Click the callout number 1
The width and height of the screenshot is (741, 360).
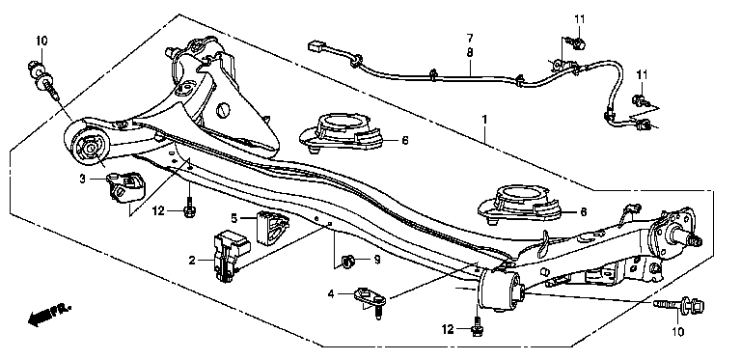tap(484, 120)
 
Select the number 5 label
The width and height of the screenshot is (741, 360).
tap(233, 218)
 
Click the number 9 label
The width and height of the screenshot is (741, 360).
tap(377, 260)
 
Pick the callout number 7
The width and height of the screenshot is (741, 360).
tap(470, 38)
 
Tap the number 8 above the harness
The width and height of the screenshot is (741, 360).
tap(470, 52)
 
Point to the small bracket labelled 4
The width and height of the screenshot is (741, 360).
tap(371, 301)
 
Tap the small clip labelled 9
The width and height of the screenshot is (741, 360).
tap(348, 261)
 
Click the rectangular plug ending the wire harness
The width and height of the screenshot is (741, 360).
tap(316, 46)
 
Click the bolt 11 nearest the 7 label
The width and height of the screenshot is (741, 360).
tap(577, 42)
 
